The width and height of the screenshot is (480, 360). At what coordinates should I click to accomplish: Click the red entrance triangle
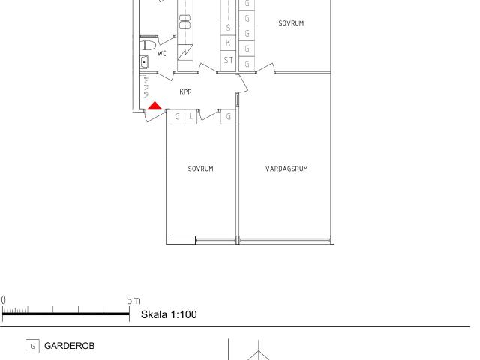155,105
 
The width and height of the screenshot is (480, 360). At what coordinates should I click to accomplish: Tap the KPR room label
185,91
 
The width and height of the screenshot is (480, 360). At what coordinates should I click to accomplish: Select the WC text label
162,54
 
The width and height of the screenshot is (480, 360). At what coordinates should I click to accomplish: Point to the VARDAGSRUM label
286,169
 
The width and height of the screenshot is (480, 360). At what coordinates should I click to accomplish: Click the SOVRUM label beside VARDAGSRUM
200,169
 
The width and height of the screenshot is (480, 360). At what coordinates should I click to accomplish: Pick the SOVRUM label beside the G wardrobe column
291,23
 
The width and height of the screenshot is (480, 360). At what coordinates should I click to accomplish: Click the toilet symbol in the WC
148,45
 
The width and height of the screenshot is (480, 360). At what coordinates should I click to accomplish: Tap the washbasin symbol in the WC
144,62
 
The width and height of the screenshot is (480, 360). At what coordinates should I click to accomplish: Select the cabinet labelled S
228,28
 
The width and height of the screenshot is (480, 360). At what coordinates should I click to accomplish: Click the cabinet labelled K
228,43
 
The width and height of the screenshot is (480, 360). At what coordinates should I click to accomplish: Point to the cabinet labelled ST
228,60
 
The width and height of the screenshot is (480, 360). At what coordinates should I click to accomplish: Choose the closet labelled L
191,117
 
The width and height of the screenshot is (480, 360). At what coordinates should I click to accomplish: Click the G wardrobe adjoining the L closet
177,117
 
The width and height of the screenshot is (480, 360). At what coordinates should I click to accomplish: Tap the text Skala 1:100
169,314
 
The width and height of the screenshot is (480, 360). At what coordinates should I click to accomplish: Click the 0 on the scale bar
3,300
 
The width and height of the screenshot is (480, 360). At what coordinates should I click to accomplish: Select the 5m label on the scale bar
133,300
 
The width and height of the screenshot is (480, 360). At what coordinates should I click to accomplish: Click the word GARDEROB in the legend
70,346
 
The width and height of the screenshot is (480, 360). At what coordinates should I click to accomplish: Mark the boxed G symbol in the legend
32,346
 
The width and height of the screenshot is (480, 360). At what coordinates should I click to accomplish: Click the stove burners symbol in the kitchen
185,22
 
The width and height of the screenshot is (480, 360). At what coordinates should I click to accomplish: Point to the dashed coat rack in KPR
145,87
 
